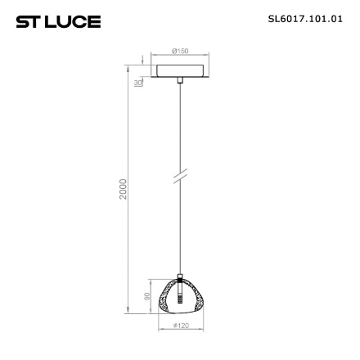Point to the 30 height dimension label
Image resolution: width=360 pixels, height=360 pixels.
[x=140, y=83]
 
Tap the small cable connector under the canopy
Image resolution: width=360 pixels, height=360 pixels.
[x=179, y=80]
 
